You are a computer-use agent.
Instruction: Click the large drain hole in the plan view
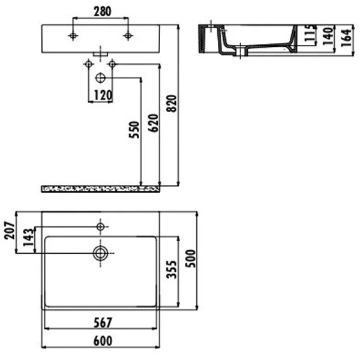(100, 253)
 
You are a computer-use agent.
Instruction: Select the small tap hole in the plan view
(100, 226)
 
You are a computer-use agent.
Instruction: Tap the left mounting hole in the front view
(73, 37)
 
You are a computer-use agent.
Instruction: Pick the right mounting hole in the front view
(127, 37)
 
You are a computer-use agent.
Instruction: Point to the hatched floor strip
(100, 189)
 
